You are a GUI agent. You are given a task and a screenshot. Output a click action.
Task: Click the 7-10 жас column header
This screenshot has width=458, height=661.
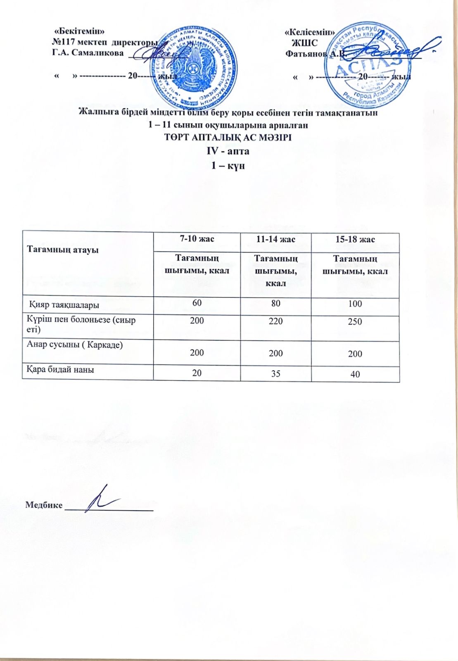pos(197,239)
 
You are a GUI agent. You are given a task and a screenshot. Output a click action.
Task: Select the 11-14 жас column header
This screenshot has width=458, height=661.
pos(275,239)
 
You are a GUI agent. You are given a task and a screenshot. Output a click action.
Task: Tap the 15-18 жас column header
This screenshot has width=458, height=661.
pos(355,240)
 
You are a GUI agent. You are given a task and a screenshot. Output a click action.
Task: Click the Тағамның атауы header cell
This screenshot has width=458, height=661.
pos(63,249)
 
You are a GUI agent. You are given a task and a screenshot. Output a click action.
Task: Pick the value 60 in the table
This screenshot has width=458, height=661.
pos(197,303)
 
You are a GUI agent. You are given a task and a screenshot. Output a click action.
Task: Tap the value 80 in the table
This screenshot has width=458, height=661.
pos(275,303)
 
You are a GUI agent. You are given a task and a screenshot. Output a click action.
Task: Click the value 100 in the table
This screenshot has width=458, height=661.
pos(355,304)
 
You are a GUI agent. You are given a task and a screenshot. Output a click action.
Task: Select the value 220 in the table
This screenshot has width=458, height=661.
pos(275,321)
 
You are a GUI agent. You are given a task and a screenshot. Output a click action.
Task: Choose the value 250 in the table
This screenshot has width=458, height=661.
pos(355,321)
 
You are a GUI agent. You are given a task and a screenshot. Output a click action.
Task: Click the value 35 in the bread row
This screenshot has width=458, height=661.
pos(275,373)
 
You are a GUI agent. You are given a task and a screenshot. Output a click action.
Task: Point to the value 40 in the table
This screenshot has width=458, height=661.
pos(355,374)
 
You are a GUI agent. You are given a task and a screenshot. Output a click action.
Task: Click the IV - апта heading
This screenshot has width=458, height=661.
pos(228,151)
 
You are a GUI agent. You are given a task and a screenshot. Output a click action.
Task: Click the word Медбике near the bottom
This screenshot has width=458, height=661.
pos(44,505)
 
